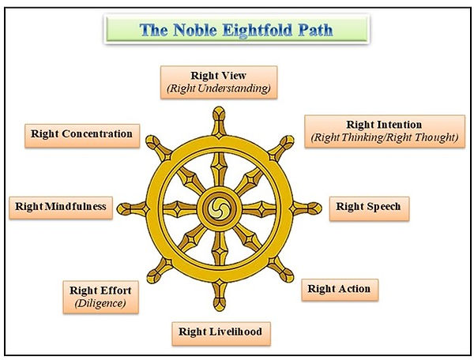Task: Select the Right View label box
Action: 219,81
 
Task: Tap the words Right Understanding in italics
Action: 219,88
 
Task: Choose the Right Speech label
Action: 368,207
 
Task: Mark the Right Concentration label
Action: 81,133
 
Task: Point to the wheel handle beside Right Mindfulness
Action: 123,208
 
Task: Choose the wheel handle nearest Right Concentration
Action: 151,143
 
